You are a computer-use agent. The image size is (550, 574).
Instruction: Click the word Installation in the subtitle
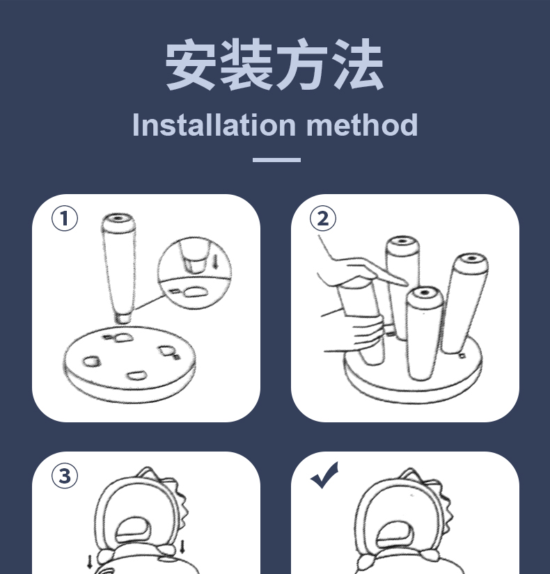tap(214, 125)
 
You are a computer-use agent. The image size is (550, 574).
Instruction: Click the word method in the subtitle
tap(362, 125)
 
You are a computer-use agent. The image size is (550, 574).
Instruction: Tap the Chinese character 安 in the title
tap(191, 65)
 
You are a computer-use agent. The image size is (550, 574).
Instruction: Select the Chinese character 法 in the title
tap(359, 65)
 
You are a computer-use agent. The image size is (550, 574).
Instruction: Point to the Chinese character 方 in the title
tap(302, 65)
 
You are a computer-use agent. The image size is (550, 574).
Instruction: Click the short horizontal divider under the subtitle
tap(276, 160)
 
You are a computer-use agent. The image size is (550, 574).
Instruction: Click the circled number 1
tap(65, 218)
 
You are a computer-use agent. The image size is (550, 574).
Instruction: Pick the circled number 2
tap(323, 218)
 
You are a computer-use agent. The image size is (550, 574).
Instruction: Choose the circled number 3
tap(65, 476)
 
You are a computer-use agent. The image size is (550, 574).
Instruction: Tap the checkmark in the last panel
tap(324, 475)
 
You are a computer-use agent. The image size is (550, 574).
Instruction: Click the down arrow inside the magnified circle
tap(216, 262)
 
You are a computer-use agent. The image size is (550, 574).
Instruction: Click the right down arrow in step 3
tap(182, 547)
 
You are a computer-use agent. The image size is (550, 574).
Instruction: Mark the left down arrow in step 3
tap(90, 562)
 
